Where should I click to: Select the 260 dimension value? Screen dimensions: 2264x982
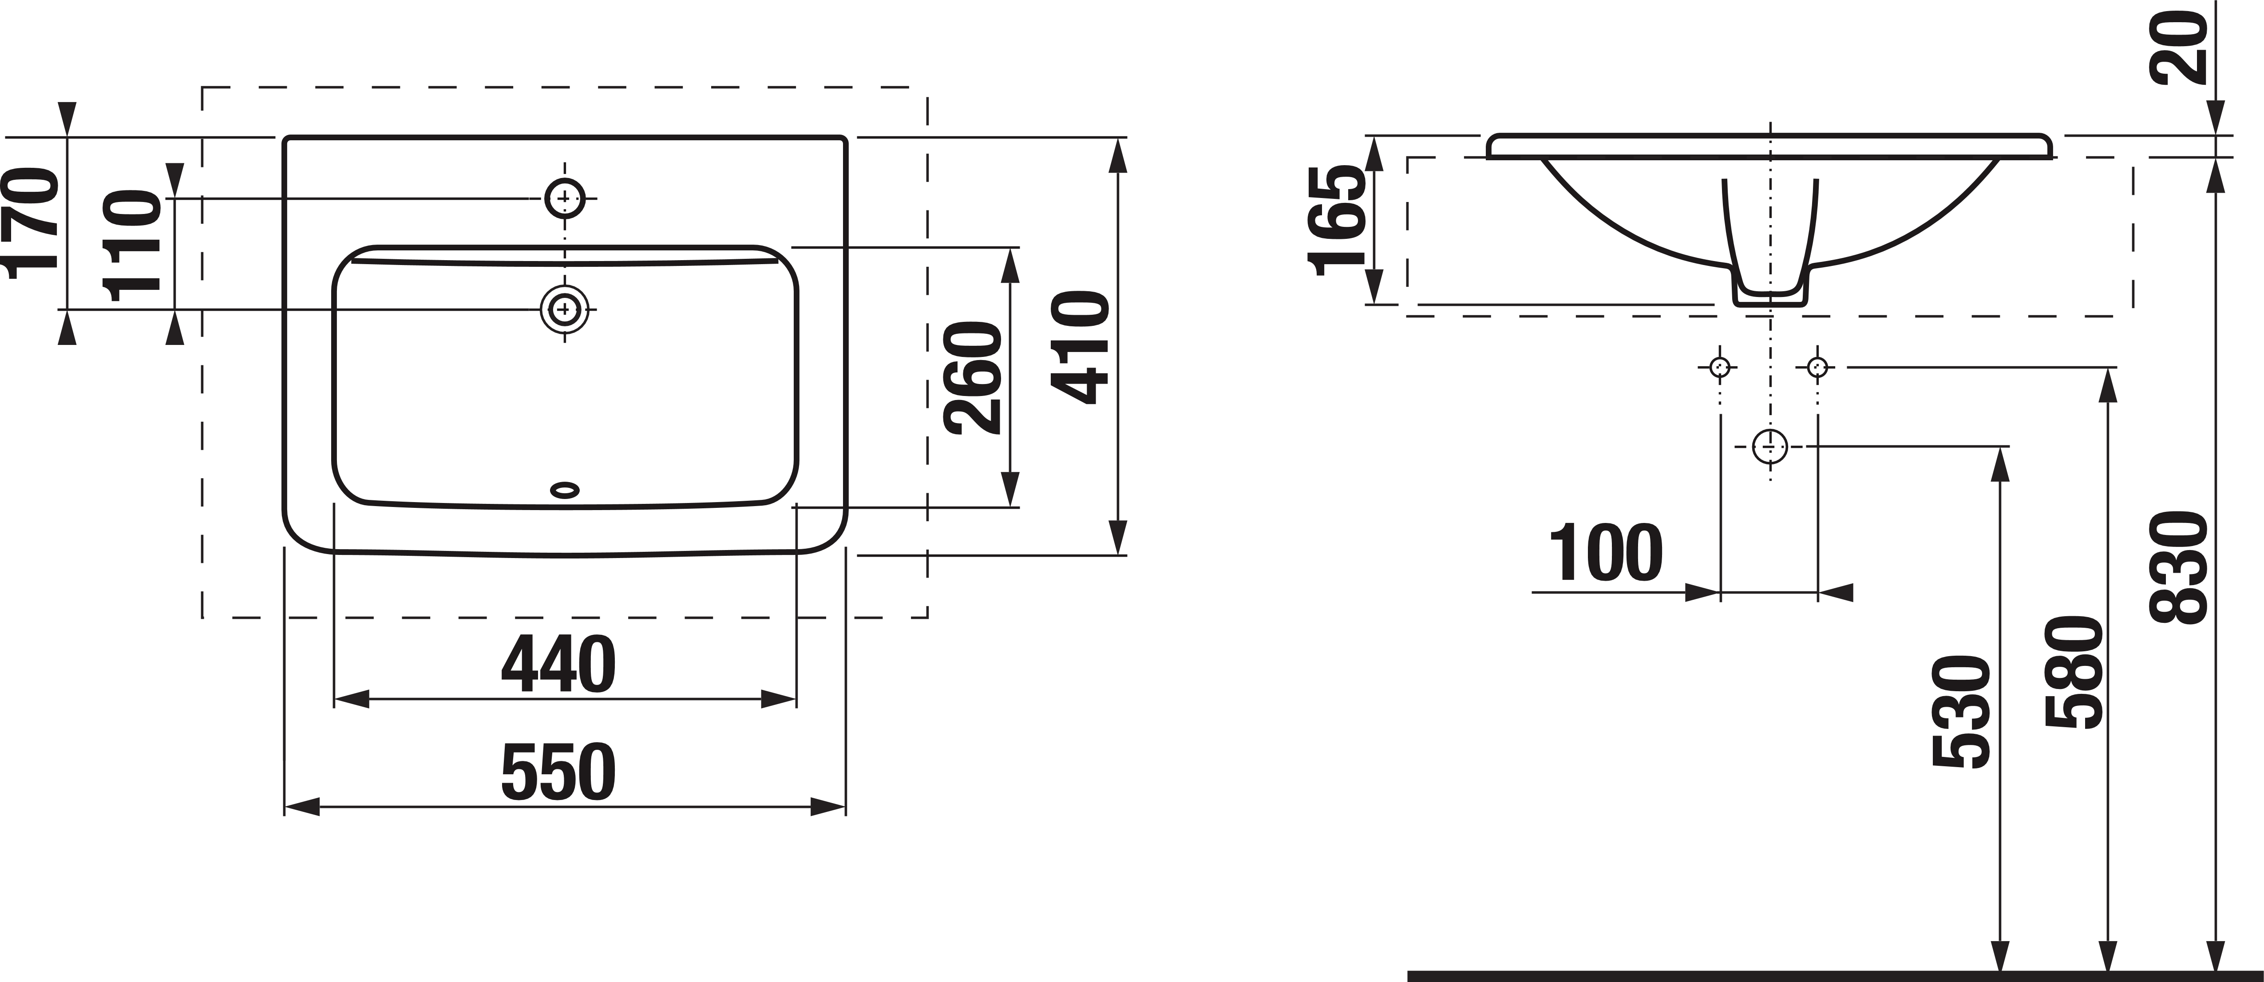(x=972, y=378)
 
